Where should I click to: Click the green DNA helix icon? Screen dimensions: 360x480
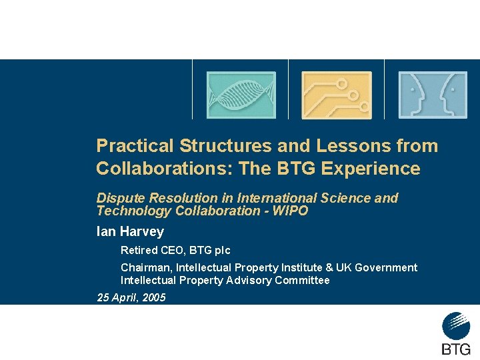(x=241, y=95)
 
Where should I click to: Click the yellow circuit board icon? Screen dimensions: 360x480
(x=337, y=95)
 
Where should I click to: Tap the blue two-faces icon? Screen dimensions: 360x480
(x=433, y=95)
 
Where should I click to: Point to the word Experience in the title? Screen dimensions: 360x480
(x=371, y=169)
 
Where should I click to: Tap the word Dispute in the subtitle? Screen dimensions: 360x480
(x=120, y=198)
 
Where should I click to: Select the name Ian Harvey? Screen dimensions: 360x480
(x=130, y=232)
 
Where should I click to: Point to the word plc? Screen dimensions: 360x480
(x=220, y=251)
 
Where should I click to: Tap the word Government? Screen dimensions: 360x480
(x=386, y=267)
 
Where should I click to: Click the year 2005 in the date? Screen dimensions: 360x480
(x=153, y=297)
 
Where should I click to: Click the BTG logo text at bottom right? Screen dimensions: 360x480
(x=456, y=349)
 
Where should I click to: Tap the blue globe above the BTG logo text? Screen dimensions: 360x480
(x=456, y=326)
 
